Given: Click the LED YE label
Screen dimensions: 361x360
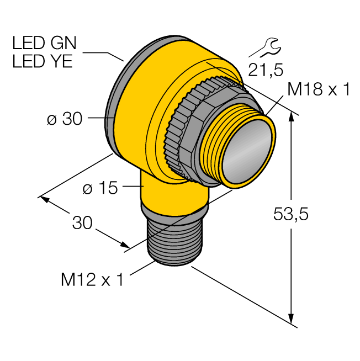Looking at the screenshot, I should (x=42, y=61).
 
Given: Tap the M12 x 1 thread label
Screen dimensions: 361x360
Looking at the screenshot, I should (x=92, y=280).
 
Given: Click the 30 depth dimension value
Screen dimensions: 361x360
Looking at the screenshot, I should (x=83, y=222).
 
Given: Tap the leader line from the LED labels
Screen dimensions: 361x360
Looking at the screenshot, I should (x=104, y=54).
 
